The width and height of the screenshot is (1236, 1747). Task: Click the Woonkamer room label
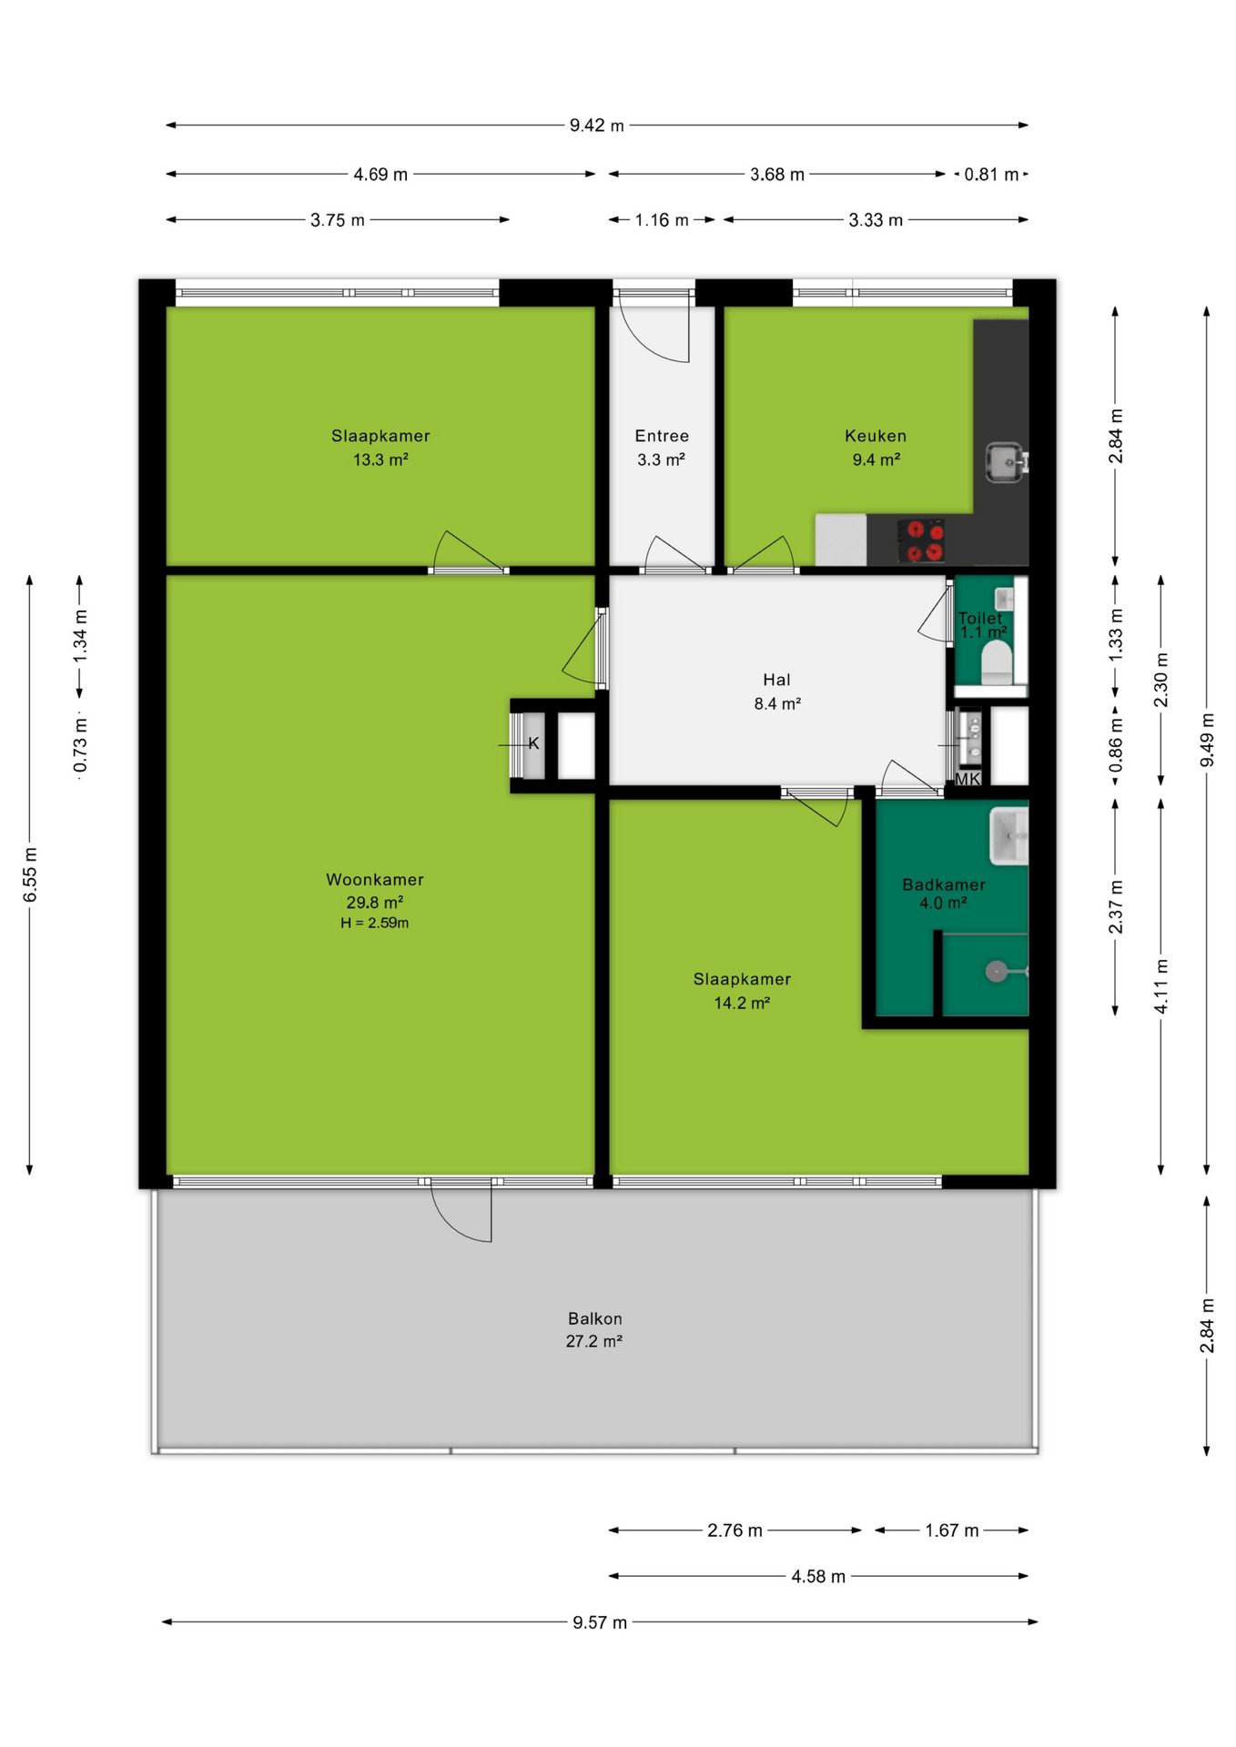pyautogui.click(x=375, y=880)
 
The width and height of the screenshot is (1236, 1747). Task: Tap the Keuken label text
pyautogui.click(x=876, y=436)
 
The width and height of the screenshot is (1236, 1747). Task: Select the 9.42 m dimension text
pyautogui.click(x=597, y=126)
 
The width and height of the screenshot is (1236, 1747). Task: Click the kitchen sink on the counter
pyautogui.click(x=1007, y=462)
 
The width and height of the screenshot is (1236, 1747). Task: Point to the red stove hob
pyautogui.click(x=921, y=540)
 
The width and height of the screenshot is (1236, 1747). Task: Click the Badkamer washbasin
pyautogui.click(x=1008, y=834)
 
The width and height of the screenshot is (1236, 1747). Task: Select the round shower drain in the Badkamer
pyautogui.click(x=996, y=972)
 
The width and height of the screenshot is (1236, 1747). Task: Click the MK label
pyautogui.click(x=968, y=779)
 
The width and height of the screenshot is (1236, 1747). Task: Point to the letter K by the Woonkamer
pyautogui.click(x=533, y=743)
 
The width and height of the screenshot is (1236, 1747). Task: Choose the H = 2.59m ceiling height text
pyautogui.click(x=375, y=923)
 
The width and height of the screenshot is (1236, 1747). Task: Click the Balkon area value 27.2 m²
pyautogui.click(x=594, y=1341)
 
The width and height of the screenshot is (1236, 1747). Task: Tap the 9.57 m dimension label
pyautogui.click(x=600, y=1622)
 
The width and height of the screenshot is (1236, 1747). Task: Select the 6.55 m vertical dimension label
pyautogui.click(x=30, y=874)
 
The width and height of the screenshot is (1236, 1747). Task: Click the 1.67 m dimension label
pyautogui.click(x=952, y=1530)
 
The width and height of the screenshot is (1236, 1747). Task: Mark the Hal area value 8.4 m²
pyautogui.click(x=777, y=703)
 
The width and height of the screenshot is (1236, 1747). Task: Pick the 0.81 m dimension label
pyautogui.click(x=991, y=175)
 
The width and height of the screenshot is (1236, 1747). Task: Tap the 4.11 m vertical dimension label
pyautogui.click(x=1161, y=985)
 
